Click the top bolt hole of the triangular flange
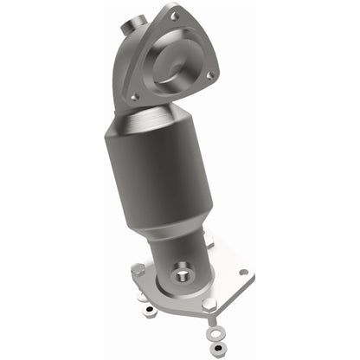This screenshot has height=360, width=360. coord(176,16)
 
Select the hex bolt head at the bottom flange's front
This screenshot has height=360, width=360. coord(209,305)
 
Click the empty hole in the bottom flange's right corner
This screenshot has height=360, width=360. coord(243,273)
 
